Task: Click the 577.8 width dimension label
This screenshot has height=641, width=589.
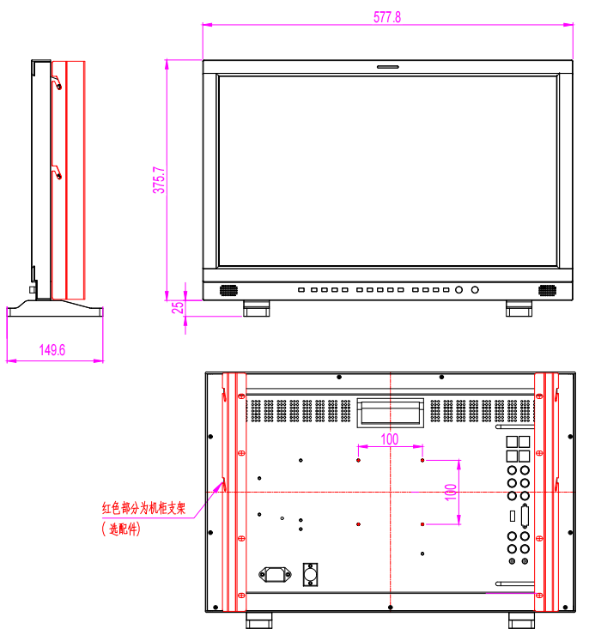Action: pyautogui.click(x=387, y=17)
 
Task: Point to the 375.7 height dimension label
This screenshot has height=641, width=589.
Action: pyautogui.click(x=159, y=180)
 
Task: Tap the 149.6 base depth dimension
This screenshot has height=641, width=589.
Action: pyautogui.click(x=52, y=350)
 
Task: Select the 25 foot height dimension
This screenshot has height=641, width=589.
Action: pyautogui.click(x=178, y=307)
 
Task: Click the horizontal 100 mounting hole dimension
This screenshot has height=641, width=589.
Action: pyautogui.click(x=390, y=439)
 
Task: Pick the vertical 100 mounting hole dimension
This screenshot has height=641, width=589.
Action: pyautogui.click(x=451, y=493)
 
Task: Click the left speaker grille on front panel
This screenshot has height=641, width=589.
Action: pyautogui.click(x=228, y=290)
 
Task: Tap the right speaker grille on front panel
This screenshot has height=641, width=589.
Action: pyautogui.click(x=547, y=290)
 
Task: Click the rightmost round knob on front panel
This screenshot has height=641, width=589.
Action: pyautogui.click(x=475, y=290)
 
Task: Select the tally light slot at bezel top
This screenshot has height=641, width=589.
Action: pyautogui.click(x=388, y=67)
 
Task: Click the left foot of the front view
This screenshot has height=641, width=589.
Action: pyautogui.click(x=257, y=308)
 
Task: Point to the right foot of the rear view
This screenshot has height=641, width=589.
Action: pyautogui.click(x=521, y=620)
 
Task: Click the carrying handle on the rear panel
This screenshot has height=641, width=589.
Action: pyautogui.click(x=390, y=414)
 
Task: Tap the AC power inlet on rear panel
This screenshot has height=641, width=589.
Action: pyautogui.click(x=276, y=574)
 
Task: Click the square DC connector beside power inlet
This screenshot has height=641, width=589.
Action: pyautogui.click(x=310, y=574)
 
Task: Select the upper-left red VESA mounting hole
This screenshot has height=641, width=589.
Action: pyautogui.click(x=358, y=460)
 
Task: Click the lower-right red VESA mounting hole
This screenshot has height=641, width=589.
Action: pyautogui.click(x=422, y=524)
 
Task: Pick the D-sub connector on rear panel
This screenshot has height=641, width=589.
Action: pyautogui.click(x=525, y=517)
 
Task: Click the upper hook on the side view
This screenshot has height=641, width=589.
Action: pyautogui.click(x=57, y=82)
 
